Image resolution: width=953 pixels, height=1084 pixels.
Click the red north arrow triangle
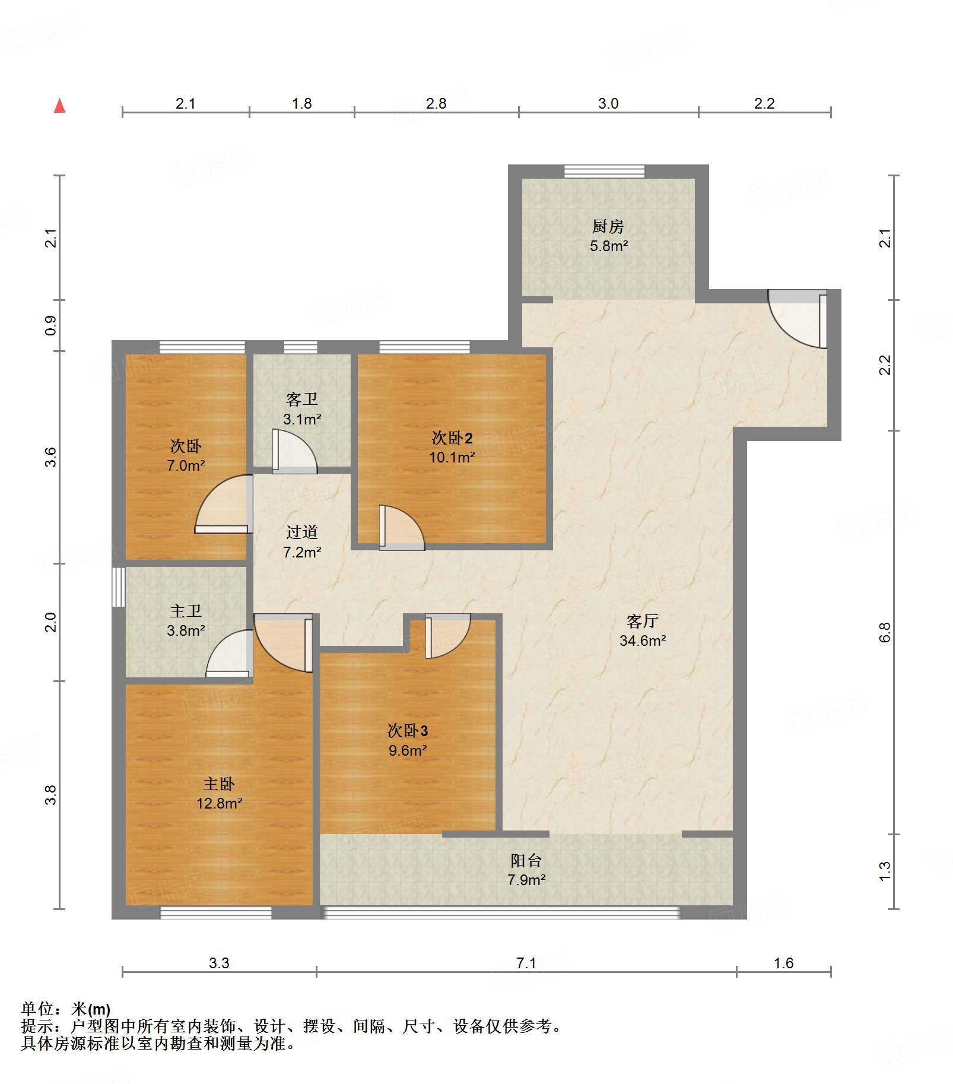(59, 106)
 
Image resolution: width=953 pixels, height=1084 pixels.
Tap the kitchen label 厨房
(608, 226)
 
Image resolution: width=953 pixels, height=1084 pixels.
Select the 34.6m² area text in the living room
(643, 641)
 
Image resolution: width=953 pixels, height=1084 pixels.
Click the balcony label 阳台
(526, 860)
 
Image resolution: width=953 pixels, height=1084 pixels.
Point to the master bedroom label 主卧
(219, 784)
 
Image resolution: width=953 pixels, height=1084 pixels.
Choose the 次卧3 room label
(408, 730)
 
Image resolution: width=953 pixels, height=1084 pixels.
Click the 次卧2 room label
(452, 438)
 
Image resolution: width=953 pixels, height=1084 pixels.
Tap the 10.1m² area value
(452, 457)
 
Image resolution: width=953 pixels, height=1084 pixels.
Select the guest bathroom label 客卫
(301, 399)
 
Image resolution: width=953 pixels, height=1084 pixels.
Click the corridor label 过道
(301, 532)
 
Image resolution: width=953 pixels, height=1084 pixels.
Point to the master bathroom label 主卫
(186, 610)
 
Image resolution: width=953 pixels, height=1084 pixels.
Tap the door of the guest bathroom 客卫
(295, 451)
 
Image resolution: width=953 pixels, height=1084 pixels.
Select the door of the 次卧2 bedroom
(402, 527)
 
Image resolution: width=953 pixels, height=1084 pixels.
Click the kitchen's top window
(604, 171)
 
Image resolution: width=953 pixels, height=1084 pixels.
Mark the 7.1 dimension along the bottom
(526, 962)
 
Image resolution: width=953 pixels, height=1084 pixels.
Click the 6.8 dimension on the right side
(885, 632)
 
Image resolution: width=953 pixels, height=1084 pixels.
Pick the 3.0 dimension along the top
(608, 103)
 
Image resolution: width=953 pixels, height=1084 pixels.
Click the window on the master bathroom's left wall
(119, 587)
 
